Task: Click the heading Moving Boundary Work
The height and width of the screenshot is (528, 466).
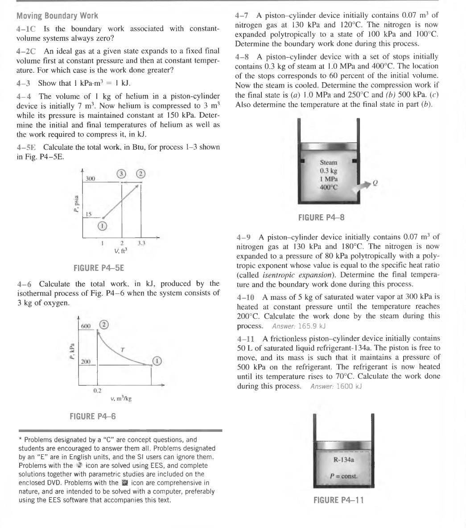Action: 57,16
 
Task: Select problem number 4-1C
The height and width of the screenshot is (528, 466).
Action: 26,29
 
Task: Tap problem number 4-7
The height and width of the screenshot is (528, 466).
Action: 243,16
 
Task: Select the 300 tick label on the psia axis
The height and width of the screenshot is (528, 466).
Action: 91,178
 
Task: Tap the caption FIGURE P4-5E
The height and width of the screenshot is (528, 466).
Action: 99,268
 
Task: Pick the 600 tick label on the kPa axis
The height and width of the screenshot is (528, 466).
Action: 86,327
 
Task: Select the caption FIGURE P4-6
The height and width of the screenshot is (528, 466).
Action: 93,416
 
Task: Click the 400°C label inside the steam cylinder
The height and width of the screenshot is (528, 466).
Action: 329,187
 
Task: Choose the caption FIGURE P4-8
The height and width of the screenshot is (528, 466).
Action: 321,218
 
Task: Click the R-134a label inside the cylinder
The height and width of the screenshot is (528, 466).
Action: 343,460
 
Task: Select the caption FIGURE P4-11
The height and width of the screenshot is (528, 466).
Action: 339,500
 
